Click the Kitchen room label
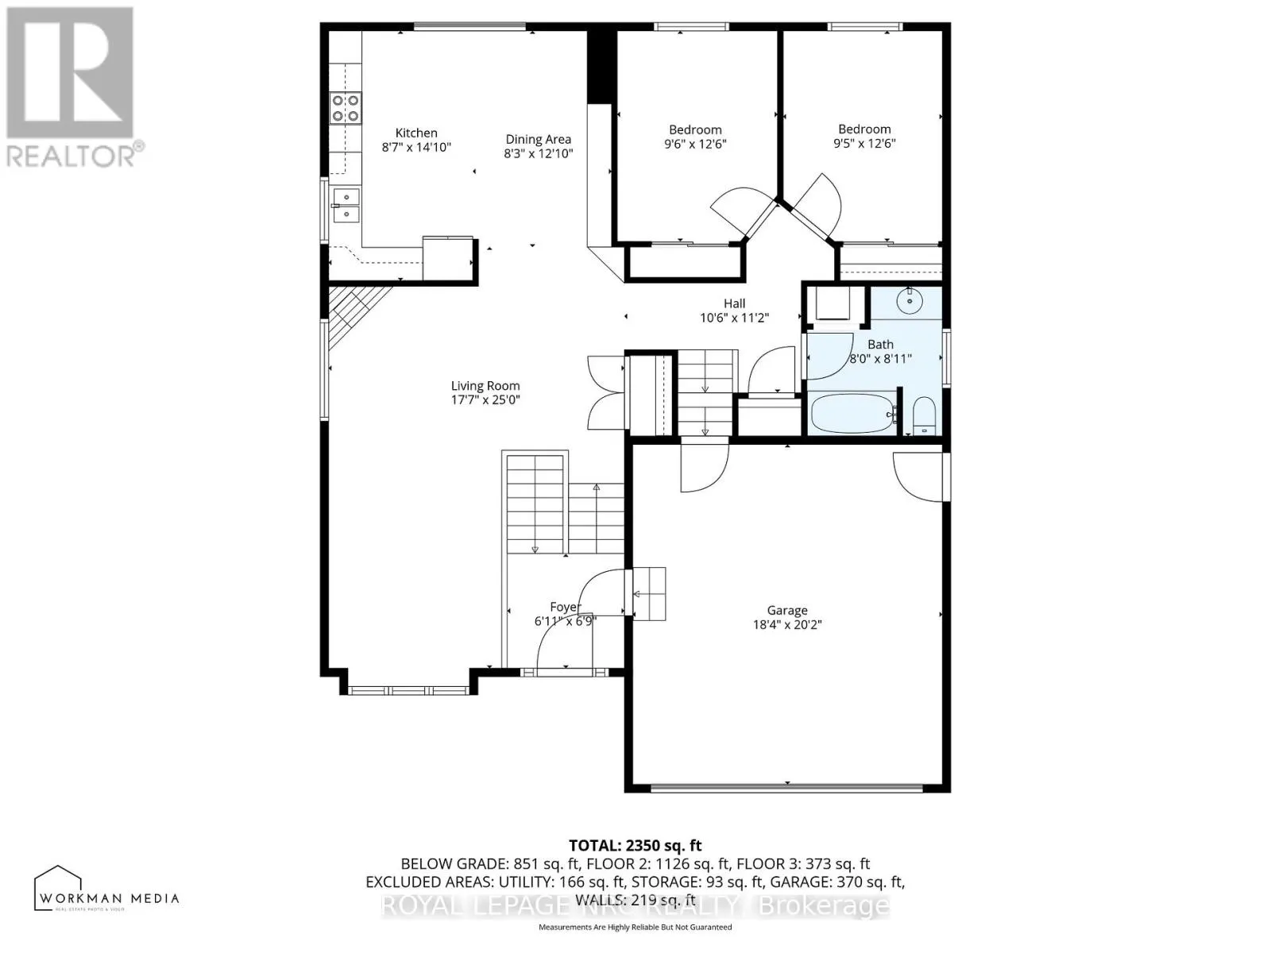(x=416, y=133)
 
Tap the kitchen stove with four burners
(x=345, y=108)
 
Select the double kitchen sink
(x=346, y=205)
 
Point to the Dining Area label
(x=538, y=139)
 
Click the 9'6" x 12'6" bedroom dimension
(x=695, y=145)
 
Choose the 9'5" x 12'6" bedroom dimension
(x=864, y=144)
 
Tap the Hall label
(x=734, y=303)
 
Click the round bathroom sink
(x=908, y=300)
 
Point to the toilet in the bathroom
(x=923, y=416)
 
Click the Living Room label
(x=485, y=386)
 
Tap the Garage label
(x=786, y=610)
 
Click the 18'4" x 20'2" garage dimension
(x=786, y=625)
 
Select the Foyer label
(x=565, y=608)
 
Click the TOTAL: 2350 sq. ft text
(x=635, y=846)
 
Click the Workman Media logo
(x=106, y=889)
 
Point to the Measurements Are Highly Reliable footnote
(x=635, y=927)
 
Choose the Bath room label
(x=880, y=345)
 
